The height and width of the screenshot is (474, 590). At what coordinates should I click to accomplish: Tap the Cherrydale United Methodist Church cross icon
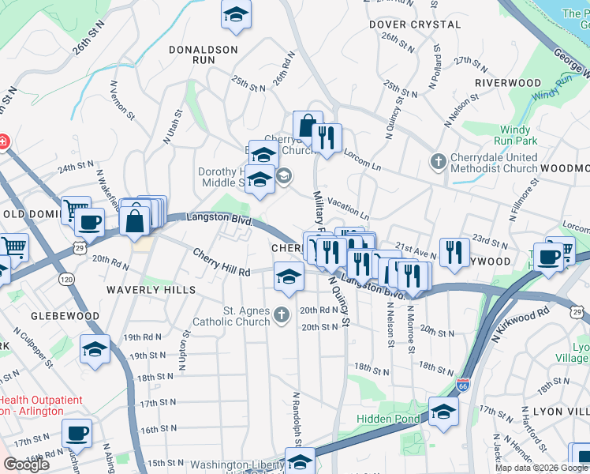439,162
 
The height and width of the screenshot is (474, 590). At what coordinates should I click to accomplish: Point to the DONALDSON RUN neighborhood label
204,54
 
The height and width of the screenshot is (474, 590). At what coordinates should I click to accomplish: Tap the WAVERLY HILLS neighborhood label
151,290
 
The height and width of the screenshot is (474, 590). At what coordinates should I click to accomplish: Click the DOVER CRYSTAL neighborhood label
415,24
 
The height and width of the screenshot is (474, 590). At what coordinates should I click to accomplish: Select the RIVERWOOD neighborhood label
508,83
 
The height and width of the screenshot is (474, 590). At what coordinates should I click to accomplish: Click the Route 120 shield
66,280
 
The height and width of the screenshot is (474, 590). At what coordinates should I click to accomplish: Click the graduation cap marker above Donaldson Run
235,15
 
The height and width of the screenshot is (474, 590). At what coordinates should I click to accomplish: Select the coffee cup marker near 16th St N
77,433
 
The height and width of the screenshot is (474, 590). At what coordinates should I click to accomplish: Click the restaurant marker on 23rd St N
454,252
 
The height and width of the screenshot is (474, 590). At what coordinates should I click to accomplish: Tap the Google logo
27,465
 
